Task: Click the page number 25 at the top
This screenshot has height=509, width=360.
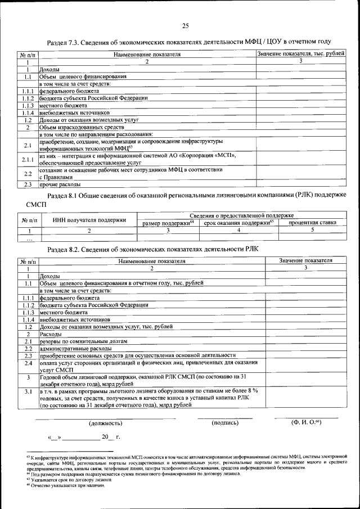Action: pos(185,25)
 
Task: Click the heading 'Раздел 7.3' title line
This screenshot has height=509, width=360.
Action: pos(188,42)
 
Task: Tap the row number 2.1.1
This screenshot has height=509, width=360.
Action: pos(26,160)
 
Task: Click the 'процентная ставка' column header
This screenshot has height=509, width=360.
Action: pos(313,223)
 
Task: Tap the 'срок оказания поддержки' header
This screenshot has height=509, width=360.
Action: pos(238,223)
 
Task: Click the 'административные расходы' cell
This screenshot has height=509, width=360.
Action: pos(76,349)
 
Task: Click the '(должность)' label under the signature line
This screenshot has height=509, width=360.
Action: pos(106,422)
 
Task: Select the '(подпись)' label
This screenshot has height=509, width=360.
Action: pos(225,422)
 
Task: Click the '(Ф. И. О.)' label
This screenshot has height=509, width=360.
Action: pos(305,422)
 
